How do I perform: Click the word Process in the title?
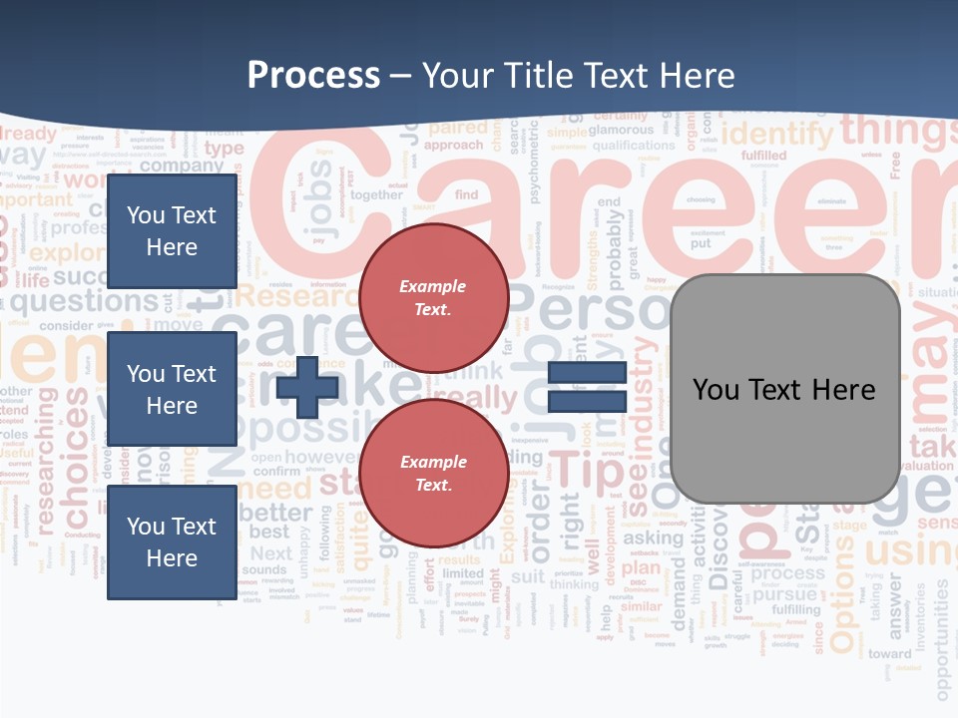click(313, 76)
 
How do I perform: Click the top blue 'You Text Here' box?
click(172, 230)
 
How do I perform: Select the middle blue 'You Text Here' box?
click(172, 389)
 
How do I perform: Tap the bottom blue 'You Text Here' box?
click(172, 541)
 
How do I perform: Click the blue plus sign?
click(307, 387)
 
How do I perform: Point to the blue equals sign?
click(587, 387)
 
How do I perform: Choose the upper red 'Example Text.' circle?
click(433, 298)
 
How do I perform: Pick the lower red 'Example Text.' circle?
click(433, 474)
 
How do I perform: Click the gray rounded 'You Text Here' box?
click(784, 389)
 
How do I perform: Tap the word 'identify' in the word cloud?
click(776, 134)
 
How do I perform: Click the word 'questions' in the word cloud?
click(97, 300)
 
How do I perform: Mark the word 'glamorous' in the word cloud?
click(621, 130)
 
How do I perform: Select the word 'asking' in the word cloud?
click(653, 538)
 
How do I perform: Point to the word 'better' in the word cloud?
click(275, 513)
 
